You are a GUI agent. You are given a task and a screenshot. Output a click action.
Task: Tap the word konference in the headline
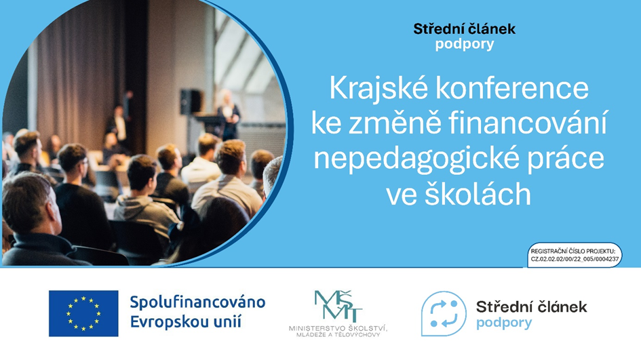click(512, 88)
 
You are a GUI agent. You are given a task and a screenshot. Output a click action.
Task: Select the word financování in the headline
click(527, 123)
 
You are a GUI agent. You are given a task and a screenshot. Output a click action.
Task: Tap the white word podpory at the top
click(465, 44)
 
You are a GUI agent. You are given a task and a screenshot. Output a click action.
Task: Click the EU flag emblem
click(83, 313)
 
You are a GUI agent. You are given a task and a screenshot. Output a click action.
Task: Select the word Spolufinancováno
click(198, 302)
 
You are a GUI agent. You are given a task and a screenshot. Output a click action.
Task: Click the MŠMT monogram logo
click(338, 306)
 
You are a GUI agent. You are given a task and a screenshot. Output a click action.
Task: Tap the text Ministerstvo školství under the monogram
click(338, 328)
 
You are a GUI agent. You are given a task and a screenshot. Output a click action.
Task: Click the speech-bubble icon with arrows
click(444, 314)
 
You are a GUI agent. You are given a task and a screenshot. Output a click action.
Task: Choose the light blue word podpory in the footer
click(504, 323)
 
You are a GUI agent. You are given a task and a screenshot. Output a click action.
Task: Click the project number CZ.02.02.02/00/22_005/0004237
click(575, 259)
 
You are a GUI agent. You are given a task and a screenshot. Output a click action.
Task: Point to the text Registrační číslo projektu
click(572, 251)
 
